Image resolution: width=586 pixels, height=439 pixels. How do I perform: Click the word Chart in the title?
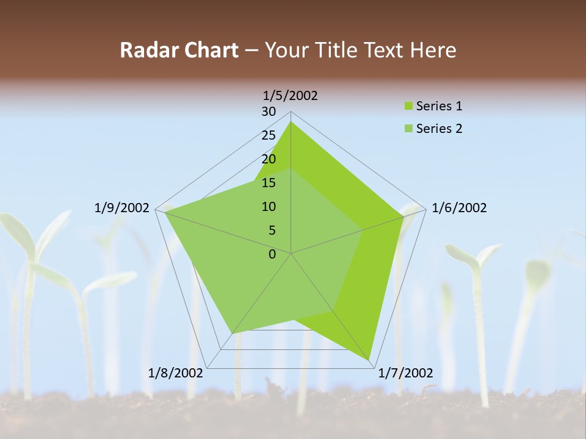(209, 50)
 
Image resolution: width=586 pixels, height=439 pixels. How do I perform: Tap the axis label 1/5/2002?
(290, 95)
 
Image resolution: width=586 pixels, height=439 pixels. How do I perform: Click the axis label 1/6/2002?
(459, 208)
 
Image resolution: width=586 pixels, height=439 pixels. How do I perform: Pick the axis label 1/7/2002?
(405, 373)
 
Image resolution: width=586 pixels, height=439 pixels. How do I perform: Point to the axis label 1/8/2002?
(176, 373)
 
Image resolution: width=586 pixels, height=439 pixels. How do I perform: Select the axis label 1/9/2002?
(122, 208)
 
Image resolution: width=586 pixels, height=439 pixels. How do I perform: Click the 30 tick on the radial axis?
(269, 112)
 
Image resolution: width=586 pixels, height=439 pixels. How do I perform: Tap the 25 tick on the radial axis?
(269, 135)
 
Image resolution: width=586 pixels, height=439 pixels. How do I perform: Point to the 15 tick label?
(269, 183)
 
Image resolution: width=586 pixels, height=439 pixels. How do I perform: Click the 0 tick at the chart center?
(272, 254)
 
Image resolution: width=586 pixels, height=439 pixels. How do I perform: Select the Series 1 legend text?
(439, 106)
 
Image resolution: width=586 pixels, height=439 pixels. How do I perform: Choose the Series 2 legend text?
(439, 129)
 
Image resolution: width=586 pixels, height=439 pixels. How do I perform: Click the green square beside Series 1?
(408, 107)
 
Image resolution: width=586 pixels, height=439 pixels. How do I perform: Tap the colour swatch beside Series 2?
(408, 129)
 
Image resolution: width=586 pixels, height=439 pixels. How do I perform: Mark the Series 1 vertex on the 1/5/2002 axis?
(291, 122)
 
